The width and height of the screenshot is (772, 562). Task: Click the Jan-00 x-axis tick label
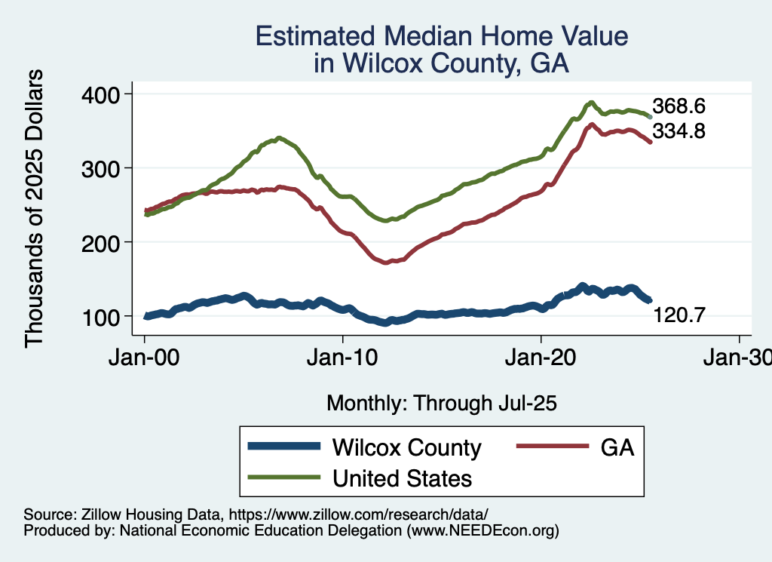click(x=145, y=358)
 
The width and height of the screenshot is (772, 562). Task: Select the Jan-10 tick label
click(x=343, y=358)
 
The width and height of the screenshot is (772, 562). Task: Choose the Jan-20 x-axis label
click(x=541, y=358)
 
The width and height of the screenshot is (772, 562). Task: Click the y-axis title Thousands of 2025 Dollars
click(x=35, y=207)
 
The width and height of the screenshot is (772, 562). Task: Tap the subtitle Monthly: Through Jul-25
click(x=441, y=404)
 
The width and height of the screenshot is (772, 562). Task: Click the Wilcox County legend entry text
click(x=406, y=447)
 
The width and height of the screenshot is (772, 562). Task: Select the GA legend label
click(x=617, y=447)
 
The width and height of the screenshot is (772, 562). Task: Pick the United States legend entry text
click(x=403, y=478)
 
